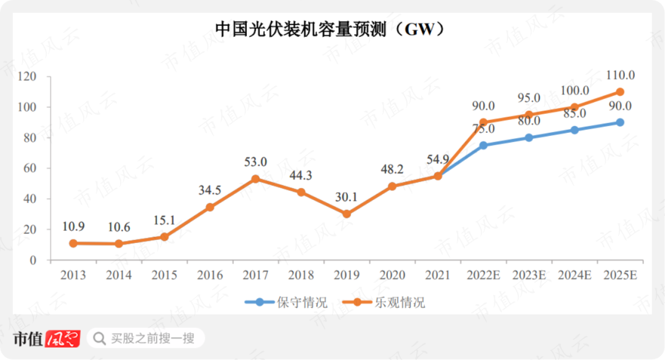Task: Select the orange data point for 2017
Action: [x=256, y=179]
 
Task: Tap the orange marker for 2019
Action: [x=347, y=214]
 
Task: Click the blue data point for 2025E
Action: [x=620, y=122]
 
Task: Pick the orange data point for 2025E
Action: [x=620, y=92]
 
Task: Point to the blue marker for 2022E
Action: [x=483, y=145]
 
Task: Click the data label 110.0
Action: [x=620, y=75]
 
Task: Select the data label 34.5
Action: [x=210, y=190]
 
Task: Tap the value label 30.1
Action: [x=347, y=197]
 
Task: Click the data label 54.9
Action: [x=438, y=159]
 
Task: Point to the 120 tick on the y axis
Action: [x=28, y=77]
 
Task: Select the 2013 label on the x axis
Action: [x=73, y=275]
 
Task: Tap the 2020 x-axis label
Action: [x=392, y=275]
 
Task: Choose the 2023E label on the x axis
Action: [x=529, y=275]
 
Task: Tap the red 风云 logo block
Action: [x=63, y=338]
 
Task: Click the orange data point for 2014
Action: [x=119, y=244]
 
